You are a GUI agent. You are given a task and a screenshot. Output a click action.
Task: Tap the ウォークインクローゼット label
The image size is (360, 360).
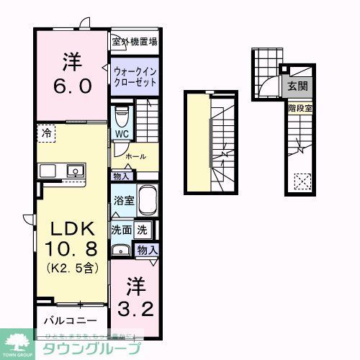135,76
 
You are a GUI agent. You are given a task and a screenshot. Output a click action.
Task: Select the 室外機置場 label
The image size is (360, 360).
135,42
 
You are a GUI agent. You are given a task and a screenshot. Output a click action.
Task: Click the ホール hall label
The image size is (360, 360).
135,156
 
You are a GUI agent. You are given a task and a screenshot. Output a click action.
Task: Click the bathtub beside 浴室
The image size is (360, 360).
147,200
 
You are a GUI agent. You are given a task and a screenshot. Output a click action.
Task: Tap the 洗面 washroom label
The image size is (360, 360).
120,230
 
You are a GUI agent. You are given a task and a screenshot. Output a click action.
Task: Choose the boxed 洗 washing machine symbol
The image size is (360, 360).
143,230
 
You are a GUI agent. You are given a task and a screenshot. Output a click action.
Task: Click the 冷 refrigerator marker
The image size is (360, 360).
47,133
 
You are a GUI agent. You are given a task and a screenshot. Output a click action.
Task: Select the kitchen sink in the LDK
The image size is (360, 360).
73,171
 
